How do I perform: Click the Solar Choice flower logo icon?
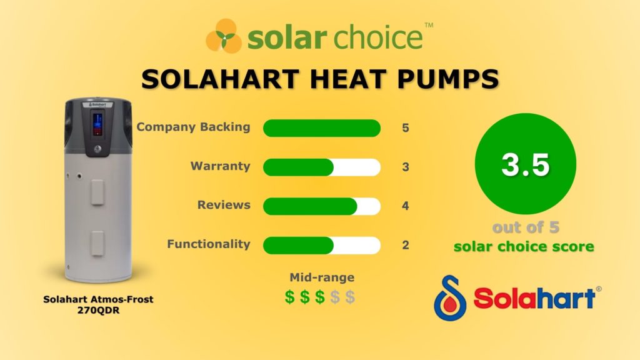tap(223, 36)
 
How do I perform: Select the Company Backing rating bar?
tap(321, 127)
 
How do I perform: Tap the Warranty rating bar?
tap(321, 167)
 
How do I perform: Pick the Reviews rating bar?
tap(321, 206)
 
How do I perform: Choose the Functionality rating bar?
tap(321, 245)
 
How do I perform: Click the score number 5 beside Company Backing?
tap(406, 128)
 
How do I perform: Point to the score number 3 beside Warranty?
tap(406, 167)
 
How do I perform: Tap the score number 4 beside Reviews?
tap(406, 206)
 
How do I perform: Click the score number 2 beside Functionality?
tap(406, 245)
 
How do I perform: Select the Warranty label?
tap(220, 166)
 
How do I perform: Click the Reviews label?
tap(224, 205)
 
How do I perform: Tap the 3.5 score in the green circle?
tap(525, 166)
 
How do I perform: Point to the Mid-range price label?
tap(321, 277)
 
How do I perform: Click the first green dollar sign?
tap(290, 297)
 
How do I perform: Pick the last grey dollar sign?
tap(350, 297)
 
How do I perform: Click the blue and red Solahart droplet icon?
tap(449, 294)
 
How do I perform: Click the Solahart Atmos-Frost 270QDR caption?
tap(98, 304)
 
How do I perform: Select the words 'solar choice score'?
tap(524, 246)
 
